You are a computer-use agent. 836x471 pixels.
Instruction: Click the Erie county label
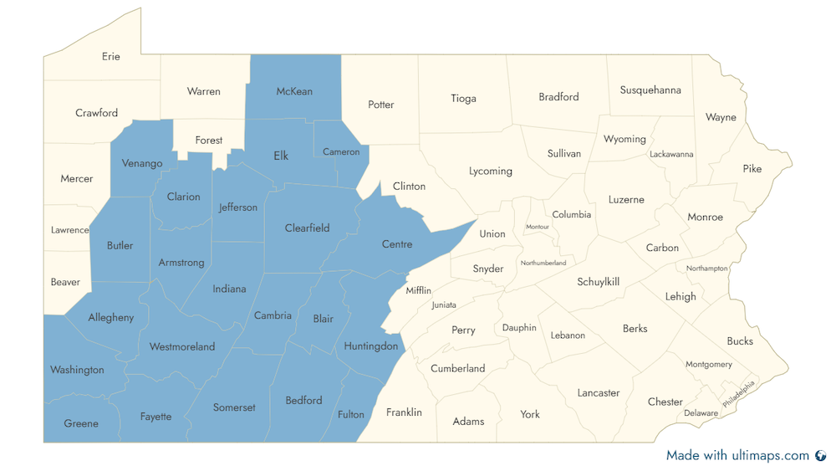point(111,57)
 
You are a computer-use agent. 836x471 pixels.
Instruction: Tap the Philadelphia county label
point(738,393)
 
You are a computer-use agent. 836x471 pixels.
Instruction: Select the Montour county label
point(538,227)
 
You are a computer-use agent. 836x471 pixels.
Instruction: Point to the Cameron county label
point(341,152)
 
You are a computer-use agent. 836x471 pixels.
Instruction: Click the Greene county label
point(81,423)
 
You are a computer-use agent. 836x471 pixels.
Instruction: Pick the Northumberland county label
point(543,263)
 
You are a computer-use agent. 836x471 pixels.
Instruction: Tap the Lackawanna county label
point(671,154)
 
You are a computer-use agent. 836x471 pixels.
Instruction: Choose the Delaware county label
point(701,413)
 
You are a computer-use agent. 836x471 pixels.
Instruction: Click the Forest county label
point(209,141)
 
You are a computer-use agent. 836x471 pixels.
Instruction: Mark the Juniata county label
point(444,305)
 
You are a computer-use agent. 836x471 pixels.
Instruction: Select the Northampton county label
point(707,269)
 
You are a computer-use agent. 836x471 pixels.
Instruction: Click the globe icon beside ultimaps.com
point(820,456)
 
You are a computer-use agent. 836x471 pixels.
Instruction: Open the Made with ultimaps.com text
point(737,456)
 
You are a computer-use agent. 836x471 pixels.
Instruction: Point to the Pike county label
point(752,169)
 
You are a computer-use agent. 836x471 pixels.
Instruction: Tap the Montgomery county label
point(709,365)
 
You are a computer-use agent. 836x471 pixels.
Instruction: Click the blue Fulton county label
point(351,415)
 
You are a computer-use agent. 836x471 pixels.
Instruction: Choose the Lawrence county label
point(69,230)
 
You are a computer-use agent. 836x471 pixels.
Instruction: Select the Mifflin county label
point(419,290)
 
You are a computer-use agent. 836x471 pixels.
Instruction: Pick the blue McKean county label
point(294,91)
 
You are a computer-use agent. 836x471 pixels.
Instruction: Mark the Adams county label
point(468,422)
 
